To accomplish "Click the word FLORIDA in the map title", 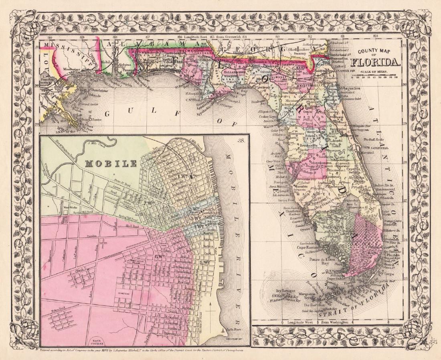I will click(376, 62).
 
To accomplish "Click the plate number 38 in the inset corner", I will click(242, 141).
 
